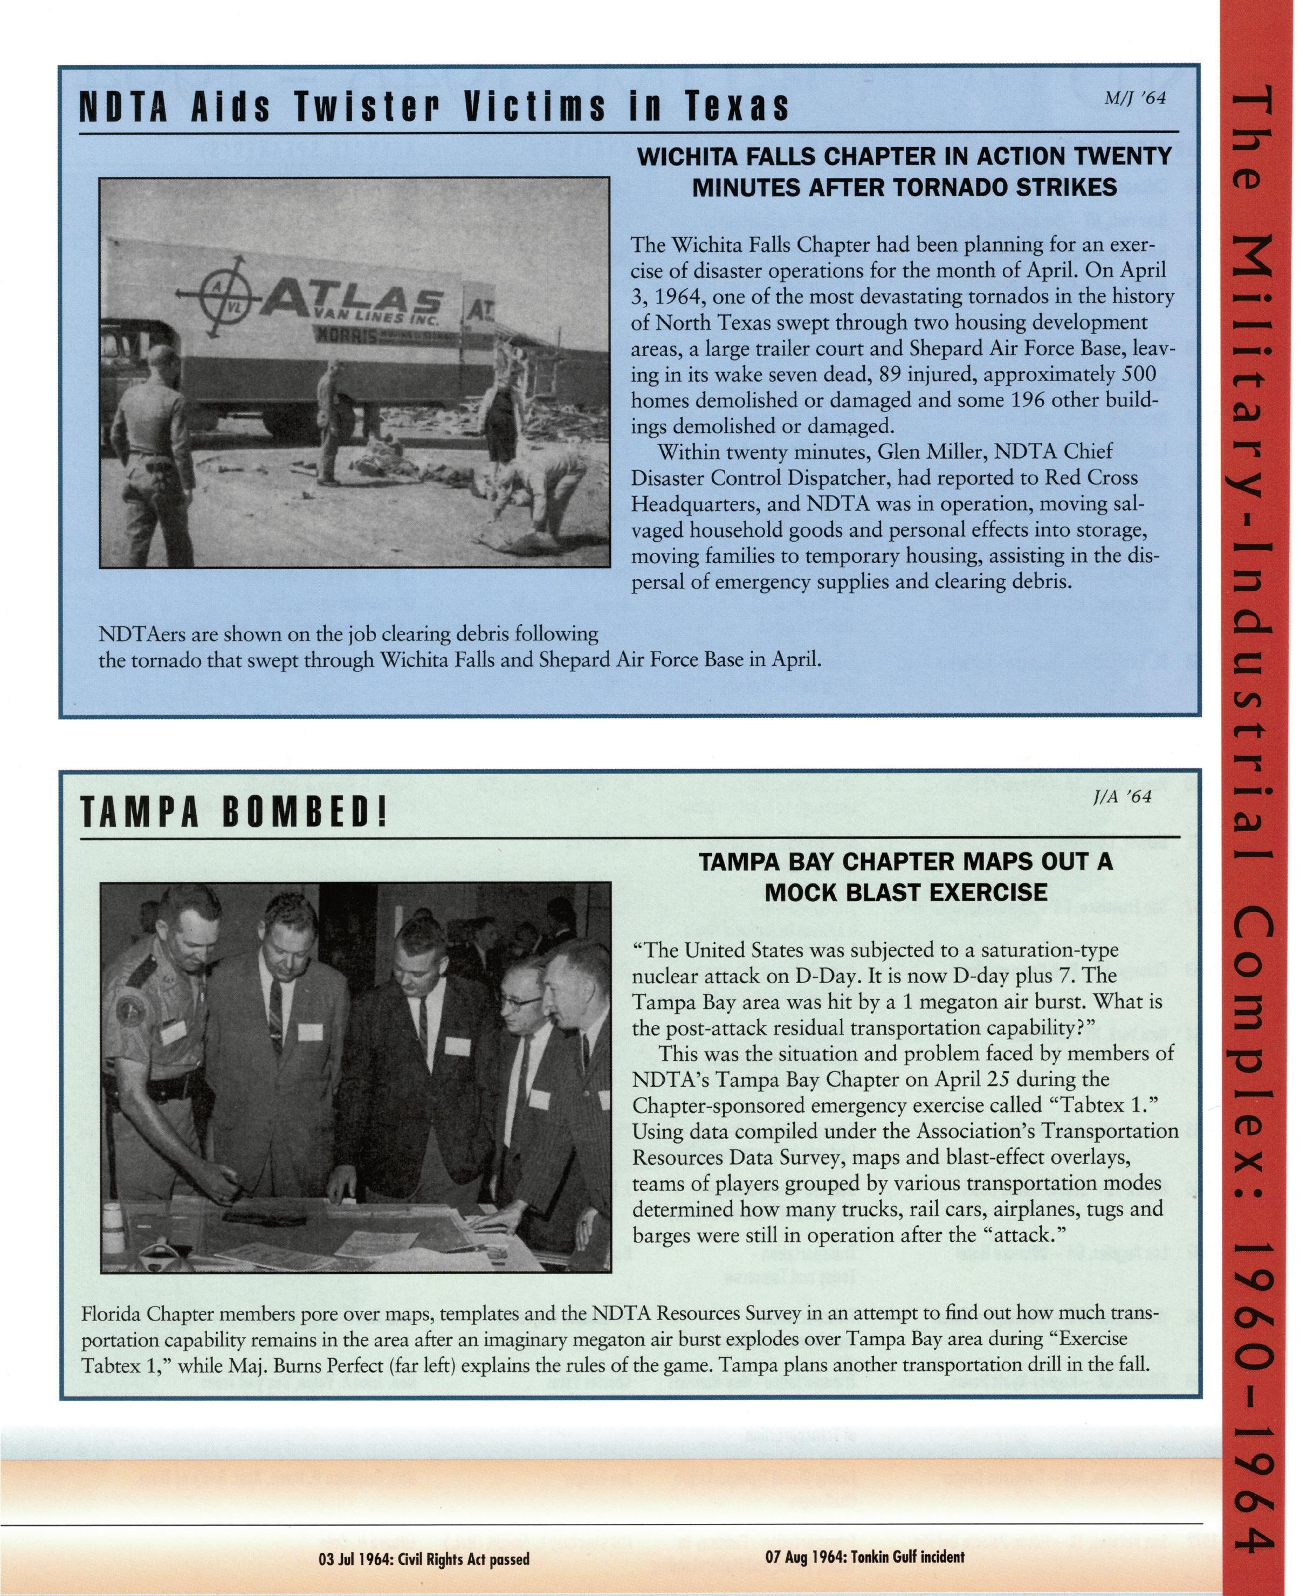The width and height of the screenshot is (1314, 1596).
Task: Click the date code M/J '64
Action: [1136, 99]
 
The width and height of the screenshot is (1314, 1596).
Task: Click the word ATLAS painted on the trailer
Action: [352, 300]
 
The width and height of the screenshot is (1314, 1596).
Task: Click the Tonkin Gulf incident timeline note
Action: [864, 1557]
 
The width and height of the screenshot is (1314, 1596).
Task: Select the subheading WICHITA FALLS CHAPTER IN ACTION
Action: [905, 157]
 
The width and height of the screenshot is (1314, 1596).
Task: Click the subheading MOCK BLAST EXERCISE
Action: [905, 893]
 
